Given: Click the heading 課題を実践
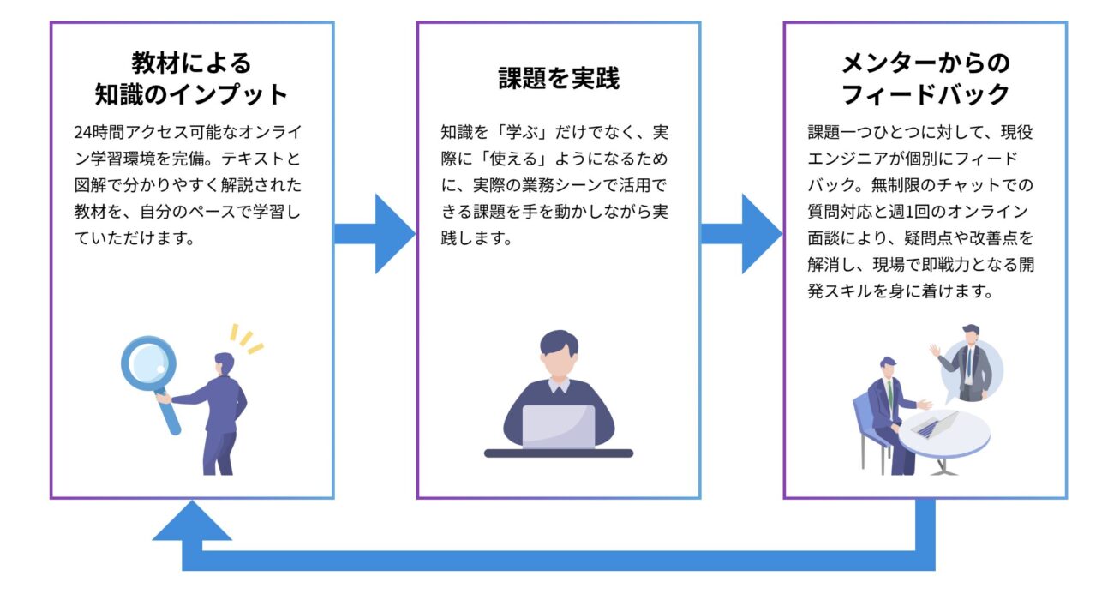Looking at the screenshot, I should (x=558, y=79).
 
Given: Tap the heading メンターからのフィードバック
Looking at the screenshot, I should (x=925, y=78).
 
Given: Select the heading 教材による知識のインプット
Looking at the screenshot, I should (x=191, y=78).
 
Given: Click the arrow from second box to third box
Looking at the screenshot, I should (x=741, y=233).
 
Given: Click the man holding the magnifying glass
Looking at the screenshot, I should (x=219, y=411).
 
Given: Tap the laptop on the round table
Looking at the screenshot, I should (x=933, y=423).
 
